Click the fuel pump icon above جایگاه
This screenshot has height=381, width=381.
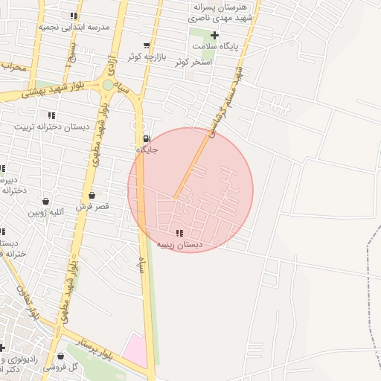click(146, 138)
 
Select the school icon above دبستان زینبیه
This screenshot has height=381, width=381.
click(179, 233)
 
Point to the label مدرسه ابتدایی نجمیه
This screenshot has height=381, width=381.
click(74, 26)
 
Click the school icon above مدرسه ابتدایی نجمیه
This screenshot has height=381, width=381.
click(73, 15)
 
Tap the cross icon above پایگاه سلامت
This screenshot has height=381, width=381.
click(214, 35)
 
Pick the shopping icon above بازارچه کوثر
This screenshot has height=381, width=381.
click(155, 45)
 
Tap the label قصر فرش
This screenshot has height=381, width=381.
click(92, 205)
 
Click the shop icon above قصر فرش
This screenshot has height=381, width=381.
click(92, 195)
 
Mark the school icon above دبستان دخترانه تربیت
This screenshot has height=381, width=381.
click(51, 115)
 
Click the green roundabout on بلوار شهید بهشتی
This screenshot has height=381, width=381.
click(109, 85)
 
